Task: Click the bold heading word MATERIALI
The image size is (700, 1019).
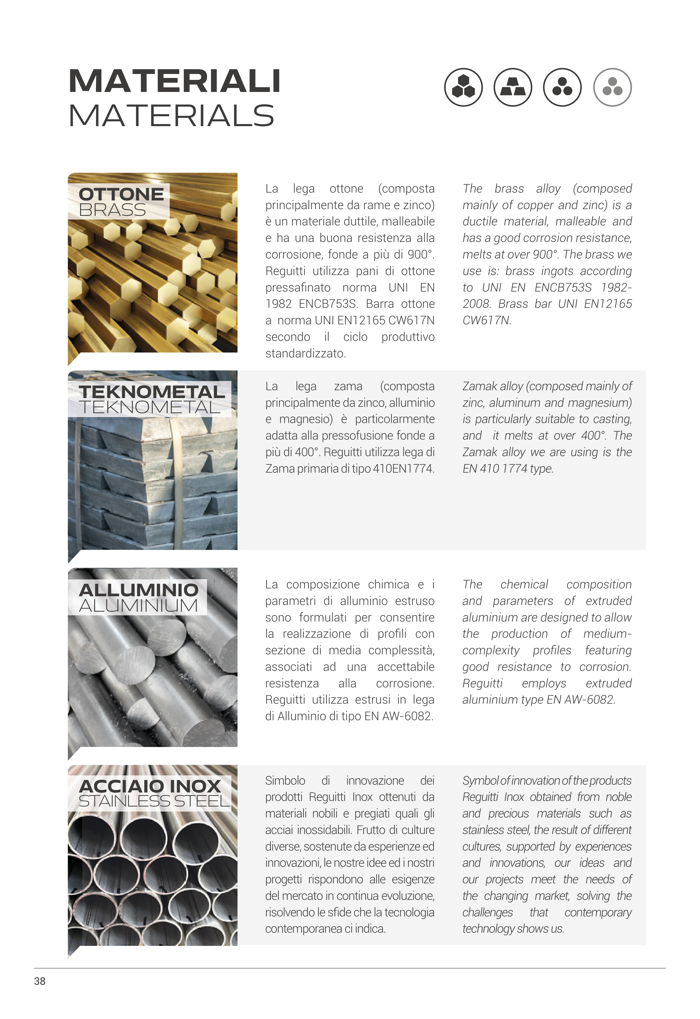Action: [174, 81]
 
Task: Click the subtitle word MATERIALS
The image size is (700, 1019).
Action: [171, 116]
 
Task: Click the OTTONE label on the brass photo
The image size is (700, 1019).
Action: [121, 194]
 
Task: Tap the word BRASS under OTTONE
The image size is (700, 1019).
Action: [112, 210]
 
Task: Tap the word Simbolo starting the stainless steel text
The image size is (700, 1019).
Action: [285, 781]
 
